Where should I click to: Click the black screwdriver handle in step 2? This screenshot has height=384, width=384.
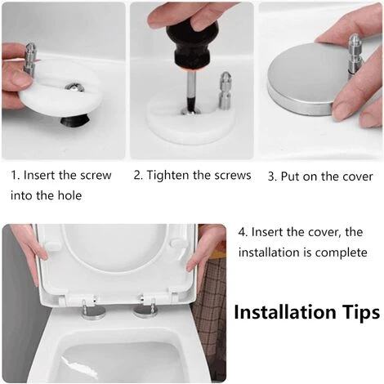192,45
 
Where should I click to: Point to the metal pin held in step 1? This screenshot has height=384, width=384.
29,59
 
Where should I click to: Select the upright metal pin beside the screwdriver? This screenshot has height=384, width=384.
225,91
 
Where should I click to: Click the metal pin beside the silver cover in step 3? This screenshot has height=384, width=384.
355,55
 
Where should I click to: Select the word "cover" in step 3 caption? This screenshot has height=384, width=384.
358,176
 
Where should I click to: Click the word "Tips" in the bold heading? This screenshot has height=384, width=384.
361,313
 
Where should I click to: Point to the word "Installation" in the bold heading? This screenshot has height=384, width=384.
285,311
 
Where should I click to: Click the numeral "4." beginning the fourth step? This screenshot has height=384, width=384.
243,232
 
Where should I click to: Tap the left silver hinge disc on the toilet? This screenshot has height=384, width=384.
94,313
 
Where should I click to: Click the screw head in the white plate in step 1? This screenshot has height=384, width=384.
74,87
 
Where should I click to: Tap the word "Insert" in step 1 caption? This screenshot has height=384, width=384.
38,176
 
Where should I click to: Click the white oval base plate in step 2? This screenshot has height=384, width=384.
190,120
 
